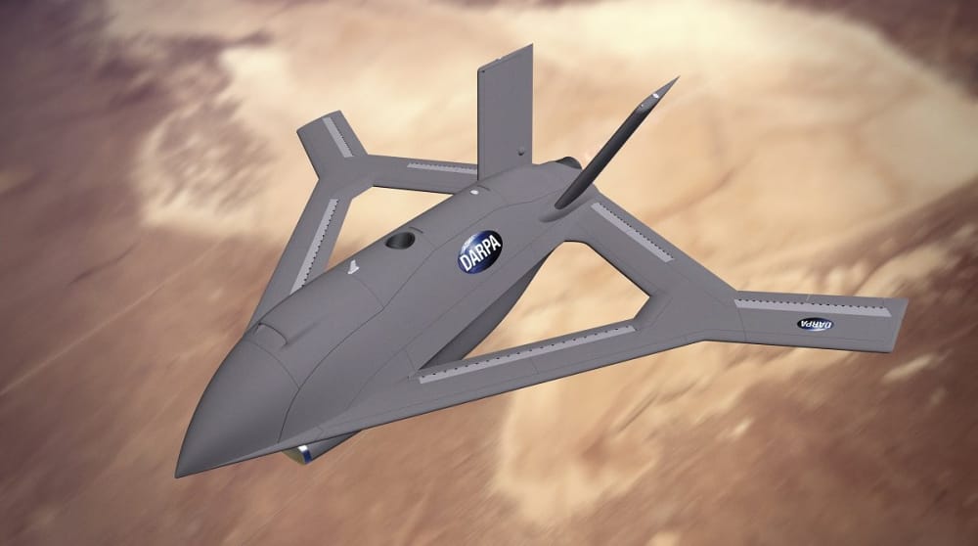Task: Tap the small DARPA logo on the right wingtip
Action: pos(815,324)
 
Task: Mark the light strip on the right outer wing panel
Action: pos(812,306)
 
